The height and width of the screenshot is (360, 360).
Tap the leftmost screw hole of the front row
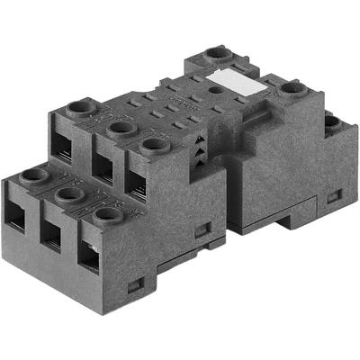pyautogui.click(x=34, y=175)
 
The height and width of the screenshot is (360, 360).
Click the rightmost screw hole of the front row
pyautogui.click(x=107, y=213)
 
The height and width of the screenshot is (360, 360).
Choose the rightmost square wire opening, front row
pyautogui.click(x=89, y=254)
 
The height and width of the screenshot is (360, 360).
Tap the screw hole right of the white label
pyautogui.click(x=289, y=88)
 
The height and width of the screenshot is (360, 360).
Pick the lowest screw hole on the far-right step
pyautogui.click(x=330, y=121)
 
